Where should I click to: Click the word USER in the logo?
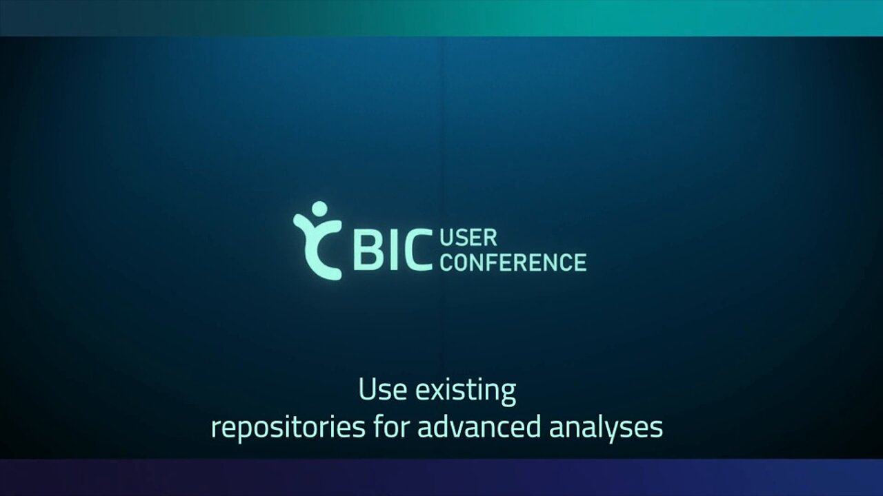tap(468, 238)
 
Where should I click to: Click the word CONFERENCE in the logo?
tap(513, 262)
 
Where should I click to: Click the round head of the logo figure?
tap(319, 209)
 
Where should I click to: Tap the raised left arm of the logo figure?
tap(302, 223)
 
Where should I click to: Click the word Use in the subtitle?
tap(382, 389)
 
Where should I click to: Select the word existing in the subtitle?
tap(466, 391)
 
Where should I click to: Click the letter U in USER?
tap(446, 238)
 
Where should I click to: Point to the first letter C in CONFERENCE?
tap(446, 262)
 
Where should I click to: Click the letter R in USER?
tap(490, 238)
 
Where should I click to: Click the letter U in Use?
tap(366, 390)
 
